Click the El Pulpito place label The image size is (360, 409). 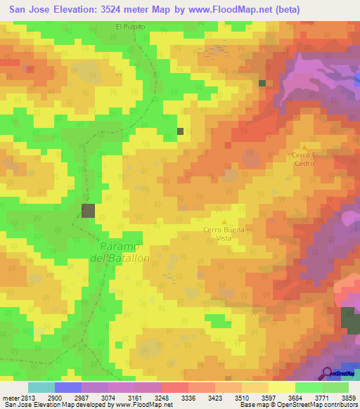pyautogui.click(x=130, y=26)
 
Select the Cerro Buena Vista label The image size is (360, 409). pyautogui.click(x=223, y=234)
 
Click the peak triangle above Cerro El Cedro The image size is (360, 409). pyautogui.click(x=304, y=145)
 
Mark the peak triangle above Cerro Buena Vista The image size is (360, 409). pyautogui.click(x=224, y=222)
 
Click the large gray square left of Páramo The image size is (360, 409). pyautogui.click(x=88, y=210)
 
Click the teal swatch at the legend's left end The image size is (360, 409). pyautogui.click(x=41, y=387)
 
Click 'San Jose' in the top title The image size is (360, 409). pyautogui.click(x=30, y=9)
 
